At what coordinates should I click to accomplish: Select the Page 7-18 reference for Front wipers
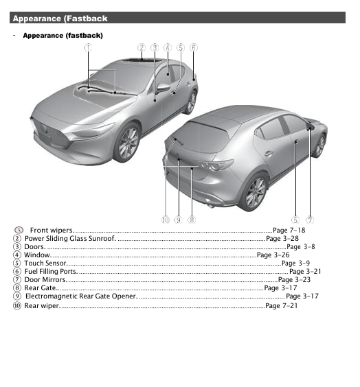pyautogui.click(x=289, y=230)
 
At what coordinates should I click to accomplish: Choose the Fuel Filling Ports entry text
pyautogui.click(x=51, y=271)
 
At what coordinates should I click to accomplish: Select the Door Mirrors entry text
pyautogui.click(x=46, y=279)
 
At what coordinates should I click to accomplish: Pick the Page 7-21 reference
pyautogui.click(x=281, y=305)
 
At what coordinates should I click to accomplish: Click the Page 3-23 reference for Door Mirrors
pyautogui.click(x=294, y=279)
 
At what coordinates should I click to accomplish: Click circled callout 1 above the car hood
pyautogui.click(x=87, y=47)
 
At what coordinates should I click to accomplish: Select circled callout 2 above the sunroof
pyautogui.click(x=142, y=47)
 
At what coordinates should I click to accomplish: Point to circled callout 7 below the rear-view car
pyautogui.click(x=310, y=220)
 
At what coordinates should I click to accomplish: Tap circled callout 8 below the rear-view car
pyautogui.click(x=191, y=220)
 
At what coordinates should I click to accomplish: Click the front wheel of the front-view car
pyautogui.click(x=127, y=143)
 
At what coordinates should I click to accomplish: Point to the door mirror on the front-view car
pyautogui.click(x=164, y=87)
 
